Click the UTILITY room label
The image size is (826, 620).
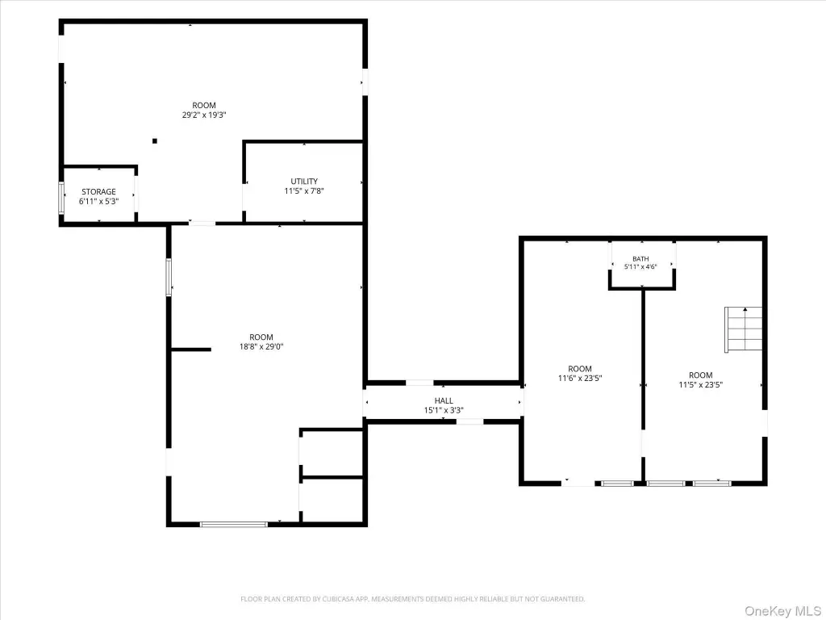tap(304, 182)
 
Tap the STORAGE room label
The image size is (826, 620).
tap(98, 192)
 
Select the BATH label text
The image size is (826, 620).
tap(640, 259)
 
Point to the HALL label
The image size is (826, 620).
tap(444, 400)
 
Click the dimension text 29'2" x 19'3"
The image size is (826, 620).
tap(204, 115)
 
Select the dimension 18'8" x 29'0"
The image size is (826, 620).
tap(261, 347)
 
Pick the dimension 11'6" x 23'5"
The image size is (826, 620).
tap(579, 378)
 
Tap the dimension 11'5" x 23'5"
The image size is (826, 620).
tap(701, 385)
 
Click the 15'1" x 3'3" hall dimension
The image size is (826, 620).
tap(444, 410)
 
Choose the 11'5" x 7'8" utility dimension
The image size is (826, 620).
tap(304, 191)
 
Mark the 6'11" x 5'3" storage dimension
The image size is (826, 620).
tap(98, 201)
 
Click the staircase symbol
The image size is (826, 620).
tap(743, 329)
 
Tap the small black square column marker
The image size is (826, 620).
tap(155, 140)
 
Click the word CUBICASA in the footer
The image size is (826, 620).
tap(340, 599)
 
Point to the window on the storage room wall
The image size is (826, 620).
tap(61, 199)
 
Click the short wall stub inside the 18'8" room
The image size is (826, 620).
tap(191, 349)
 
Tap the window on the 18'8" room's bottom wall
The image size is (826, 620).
tap(234, 524)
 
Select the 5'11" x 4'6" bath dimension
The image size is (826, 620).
tap(640, 266)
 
